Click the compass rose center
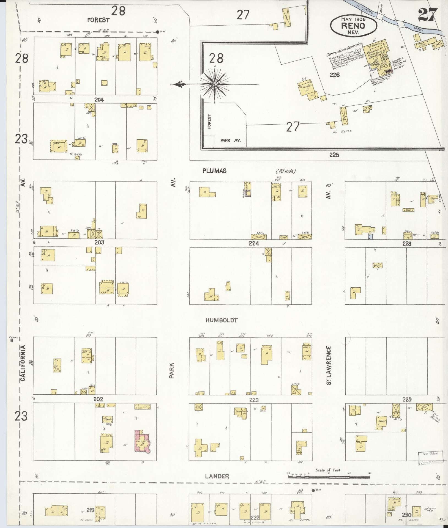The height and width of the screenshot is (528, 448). click(x=215, y=84)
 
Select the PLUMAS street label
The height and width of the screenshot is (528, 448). click(x=215, y=171)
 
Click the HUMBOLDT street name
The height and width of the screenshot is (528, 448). click(x=222, y=320)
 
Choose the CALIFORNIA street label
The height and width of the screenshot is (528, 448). click(x=23, y=363)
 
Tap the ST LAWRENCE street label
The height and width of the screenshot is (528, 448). click(x=329, y=365)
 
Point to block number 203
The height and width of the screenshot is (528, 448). click(x=99, y=243)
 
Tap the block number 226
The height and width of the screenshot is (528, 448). click(x=336, y=75)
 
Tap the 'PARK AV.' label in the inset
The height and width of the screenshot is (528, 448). click(x=231, y=140)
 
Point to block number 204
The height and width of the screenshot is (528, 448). click(x=99, y=100)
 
